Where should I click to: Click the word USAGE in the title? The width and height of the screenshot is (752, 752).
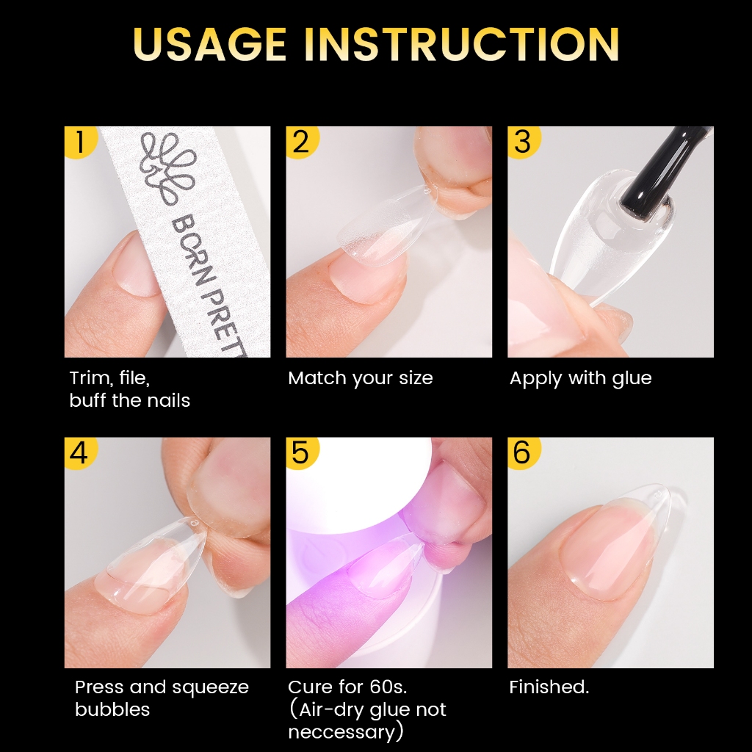pyautogui.click(x=210, y=44)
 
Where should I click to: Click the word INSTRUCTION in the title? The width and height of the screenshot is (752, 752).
pyautogui.click(x=461, y=44)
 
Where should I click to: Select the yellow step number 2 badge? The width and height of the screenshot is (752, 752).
pyautogui.click(x=302, y=142)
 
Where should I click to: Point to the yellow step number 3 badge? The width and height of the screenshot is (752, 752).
pyautogui.click(x=524, y=142)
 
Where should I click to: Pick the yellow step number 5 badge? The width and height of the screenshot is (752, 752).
pyautogui.click(x=302, y=452)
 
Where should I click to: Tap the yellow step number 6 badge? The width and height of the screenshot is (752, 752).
pyautogui.click(x=524, y=452)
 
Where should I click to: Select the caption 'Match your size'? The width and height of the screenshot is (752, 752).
pyautogui.click(x=360, y=378)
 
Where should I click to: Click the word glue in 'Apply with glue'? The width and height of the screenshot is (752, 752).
pyautogui.click(x=632, y=379)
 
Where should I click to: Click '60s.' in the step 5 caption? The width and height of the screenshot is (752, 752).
pyautogui.click(x=388, y=687)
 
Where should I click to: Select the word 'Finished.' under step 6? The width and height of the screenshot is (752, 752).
pyautogui.click(x=549, y=687)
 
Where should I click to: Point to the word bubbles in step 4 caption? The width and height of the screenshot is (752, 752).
pyautogui.click(x=112, y=709)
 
